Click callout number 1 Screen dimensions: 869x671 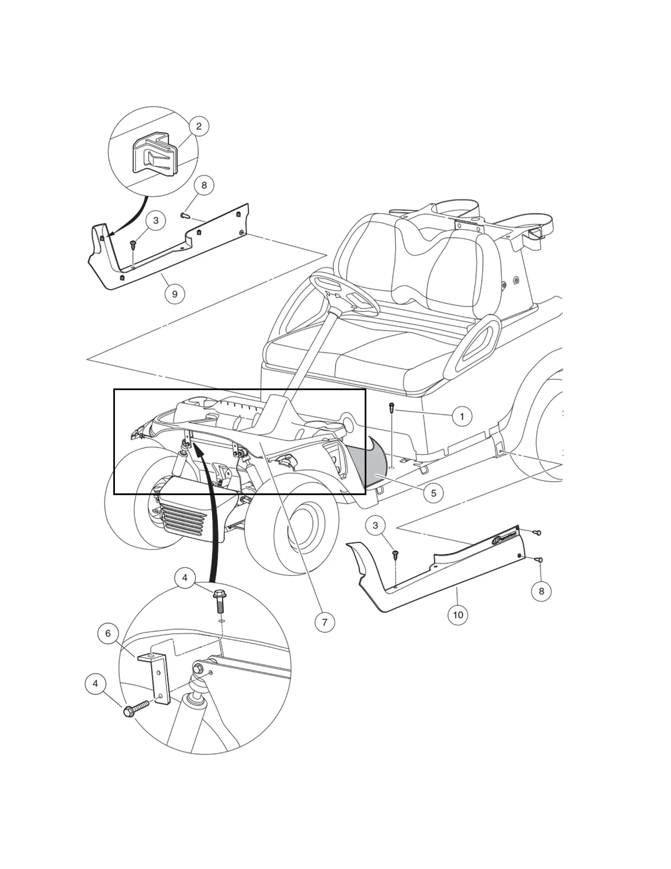point(462,416)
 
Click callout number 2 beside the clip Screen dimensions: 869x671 point(199,126)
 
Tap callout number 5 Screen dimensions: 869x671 point(433,493)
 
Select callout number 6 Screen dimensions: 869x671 point(108,633)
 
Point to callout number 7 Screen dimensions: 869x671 point(324,622)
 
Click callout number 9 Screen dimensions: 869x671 point(175,294)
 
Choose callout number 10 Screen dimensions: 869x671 point(458,615)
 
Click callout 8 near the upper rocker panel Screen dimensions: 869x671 point(204,185)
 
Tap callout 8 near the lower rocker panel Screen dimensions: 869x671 point(541,591)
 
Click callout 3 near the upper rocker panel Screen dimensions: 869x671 point(156,220)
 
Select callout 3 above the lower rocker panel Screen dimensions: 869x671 point(375,525)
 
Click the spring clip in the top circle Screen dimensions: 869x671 point(153,154)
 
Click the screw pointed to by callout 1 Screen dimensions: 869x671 point(392,408)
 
